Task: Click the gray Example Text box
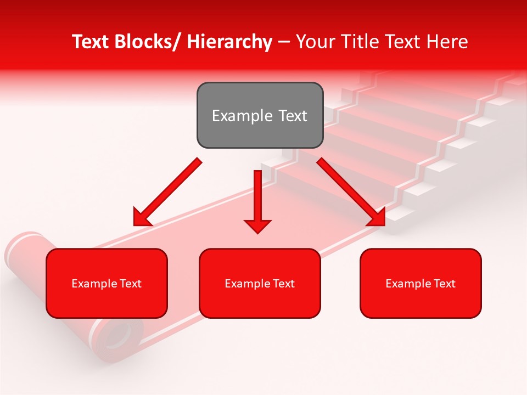(x=260, y=115)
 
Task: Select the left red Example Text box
(x=106, y=283)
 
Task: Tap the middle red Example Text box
(x=260, y=283)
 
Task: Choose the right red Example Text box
(x=421, y=283)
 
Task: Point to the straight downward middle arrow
(x=257, y=198)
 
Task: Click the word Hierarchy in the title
(x=229, y=42)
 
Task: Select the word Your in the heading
(x=315, y=42)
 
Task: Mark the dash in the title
(x=284, y=42)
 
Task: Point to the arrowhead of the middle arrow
(x=257, y=225)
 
